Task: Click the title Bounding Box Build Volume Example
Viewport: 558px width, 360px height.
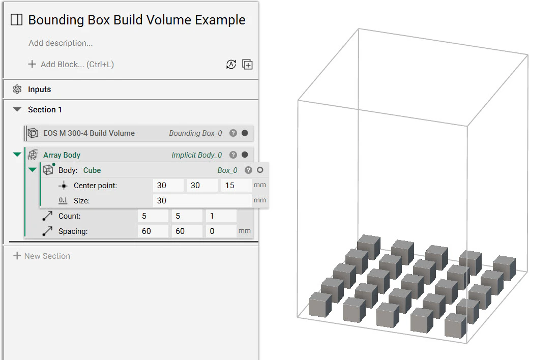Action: click(136, 20)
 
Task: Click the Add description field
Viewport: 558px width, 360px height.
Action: click(61, 43)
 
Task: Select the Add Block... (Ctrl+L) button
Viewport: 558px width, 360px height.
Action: click(71, 65)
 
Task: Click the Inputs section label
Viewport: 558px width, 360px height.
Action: click(39, 89)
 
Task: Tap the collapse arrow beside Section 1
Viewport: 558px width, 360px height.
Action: click(17, 110)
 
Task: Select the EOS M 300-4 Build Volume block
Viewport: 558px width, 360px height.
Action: click(89, 133)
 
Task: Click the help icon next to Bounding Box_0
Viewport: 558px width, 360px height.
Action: click(233, 133)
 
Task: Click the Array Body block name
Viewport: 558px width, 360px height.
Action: click(62, 155)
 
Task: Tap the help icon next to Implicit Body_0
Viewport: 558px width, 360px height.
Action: click(233, 155)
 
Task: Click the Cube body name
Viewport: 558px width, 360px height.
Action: click(92, 170)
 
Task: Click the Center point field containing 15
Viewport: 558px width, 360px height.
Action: click(236, 186)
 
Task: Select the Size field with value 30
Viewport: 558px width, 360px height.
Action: click(202, 201)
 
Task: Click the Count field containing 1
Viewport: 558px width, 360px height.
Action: click(221, 216)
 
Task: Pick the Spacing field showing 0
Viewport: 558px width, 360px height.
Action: click(221, 231)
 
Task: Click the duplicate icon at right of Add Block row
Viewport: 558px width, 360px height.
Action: click(247, 65)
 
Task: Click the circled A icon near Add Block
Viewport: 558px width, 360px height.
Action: click(231, 65)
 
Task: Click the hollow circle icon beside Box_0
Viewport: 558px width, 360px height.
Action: click(260, 170)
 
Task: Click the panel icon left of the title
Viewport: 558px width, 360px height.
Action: click(17, 20)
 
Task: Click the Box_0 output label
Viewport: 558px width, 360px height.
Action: click(227, 170)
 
